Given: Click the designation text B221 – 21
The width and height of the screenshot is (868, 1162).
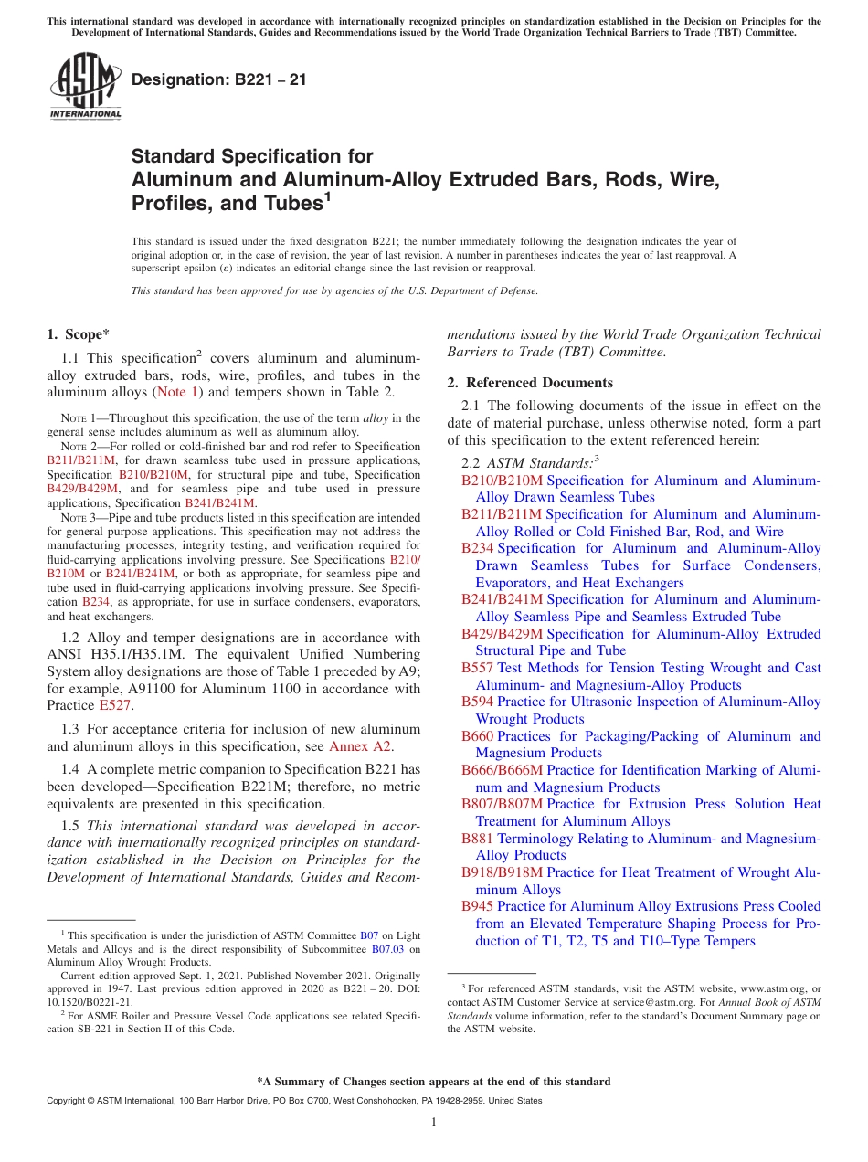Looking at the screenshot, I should pyautogui.click(x=218, y=80).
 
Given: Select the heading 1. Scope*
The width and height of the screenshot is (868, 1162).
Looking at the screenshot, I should pyautogui.click(x=79, y=334).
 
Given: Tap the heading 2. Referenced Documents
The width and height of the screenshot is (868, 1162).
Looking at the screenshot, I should pyautogui.click(x=530, y=383).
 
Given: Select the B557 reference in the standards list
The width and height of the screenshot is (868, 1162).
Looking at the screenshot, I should pyautogui.click(x=477, y=668).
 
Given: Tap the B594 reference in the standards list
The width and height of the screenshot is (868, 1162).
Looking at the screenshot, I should pyautogui.click(x=477, y=702).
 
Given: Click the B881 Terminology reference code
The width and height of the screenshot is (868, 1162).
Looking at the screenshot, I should pyautogui.click(x=477, y=839).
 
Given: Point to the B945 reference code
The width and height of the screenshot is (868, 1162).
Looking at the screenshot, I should pyautogui.click(x=477, y=906).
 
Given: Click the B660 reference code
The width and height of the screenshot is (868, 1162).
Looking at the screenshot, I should pyautogui.click(x=477, y=736).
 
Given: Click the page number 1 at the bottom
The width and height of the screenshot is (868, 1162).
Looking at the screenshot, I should pyautogui.click(x=434, y=1123).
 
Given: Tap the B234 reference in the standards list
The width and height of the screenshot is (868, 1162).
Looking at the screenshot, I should pyautogui.click(x=477, y=548).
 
